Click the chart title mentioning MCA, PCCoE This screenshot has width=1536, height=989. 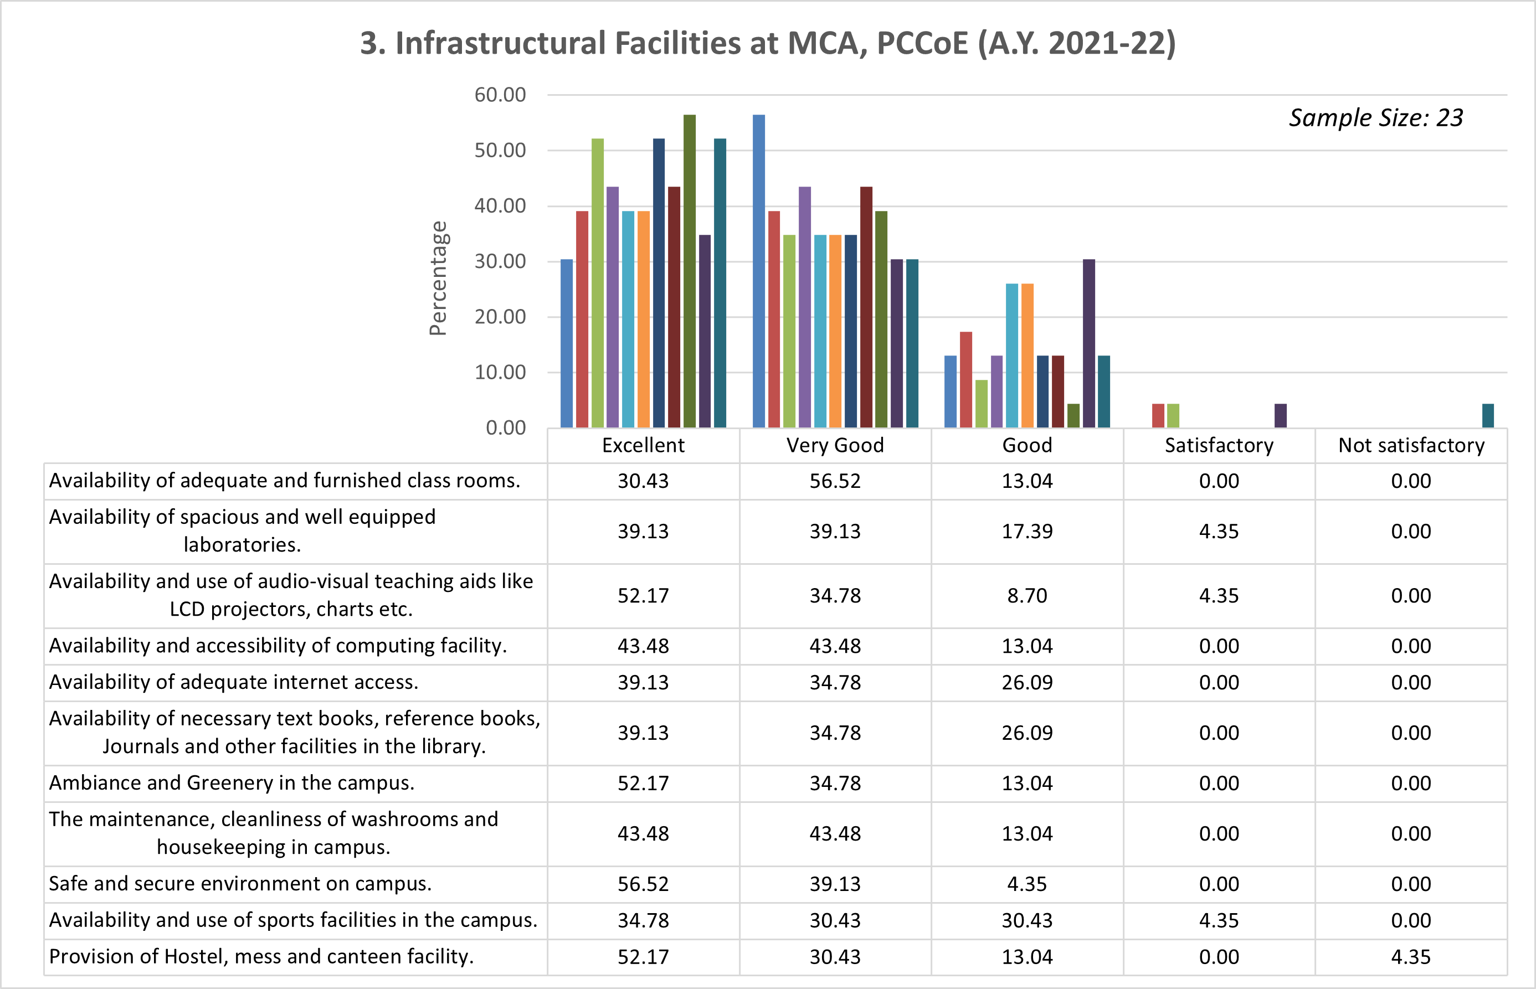click(x=768, y=44)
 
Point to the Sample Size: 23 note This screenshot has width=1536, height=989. click(x=1375, y=118)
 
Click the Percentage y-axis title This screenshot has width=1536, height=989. click(x=438, y=278)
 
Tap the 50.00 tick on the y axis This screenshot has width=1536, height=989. click(x=500, y=150)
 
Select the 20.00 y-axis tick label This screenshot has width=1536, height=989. click(x=500, y=317)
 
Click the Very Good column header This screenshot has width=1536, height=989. click(x=835, y=445)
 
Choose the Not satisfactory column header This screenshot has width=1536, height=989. click(x=1411, y=445)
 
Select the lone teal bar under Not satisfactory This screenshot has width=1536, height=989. click(x=1488, y=415)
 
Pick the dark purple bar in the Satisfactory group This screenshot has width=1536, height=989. click(x=1280, y=415)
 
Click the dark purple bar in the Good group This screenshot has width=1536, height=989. click(x=1089, y=343)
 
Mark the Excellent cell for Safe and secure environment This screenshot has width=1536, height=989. click(x=643, y=884)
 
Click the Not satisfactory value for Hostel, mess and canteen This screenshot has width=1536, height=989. click(x=1411, y=957)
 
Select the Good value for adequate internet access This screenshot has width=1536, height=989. click(x=1026, y=682)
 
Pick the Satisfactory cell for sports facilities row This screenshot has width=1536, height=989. click(x=1219, y=920)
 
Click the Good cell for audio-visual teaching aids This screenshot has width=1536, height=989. click(x=1026, y=595)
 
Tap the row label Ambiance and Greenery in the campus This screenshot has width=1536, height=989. click(x=232, y=783)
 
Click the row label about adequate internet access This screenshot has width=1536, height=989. click(x=233, y=682)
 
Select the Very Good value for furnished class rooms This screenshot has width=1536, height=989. click(x=835, y=481)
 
